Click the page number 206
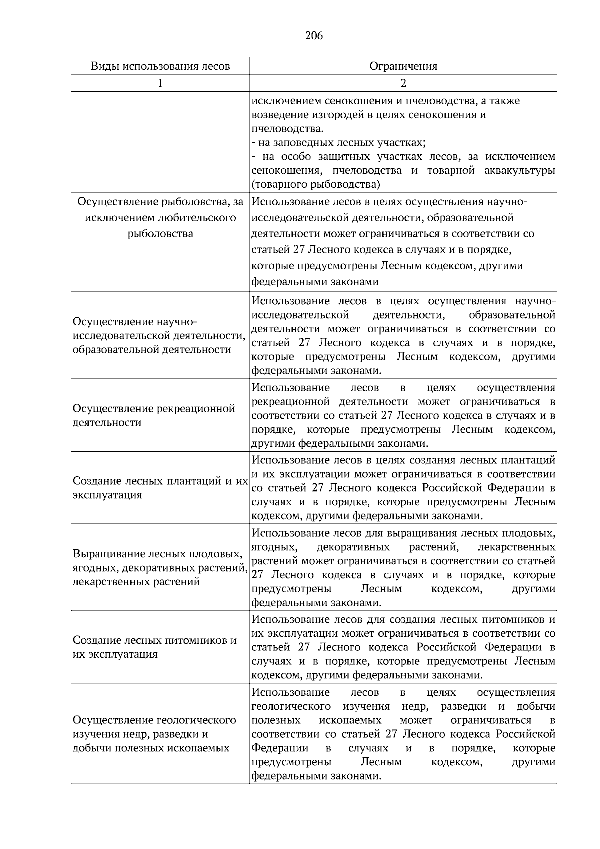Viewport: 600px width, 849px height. tap(313, 36)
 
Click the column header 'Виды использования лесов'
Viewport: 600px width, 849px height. tap(160, 66)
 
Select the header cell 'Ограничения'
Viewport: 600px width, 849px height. tap(403, 66)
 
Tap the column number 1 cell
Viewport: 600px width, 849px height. tap(160, 83)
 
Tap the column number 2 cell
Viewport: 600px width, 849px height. tap(403, 83)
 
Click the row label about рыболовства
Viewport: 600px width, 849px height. tap(160, 218)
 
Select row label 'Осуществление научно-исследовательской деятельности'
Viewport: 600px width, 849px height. tap(159, 335)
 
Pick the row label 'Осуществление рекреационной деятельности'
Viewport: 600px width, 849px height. tap(154, 415)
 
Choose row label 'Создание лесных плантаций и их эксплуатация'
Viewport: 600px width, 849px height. tap(160, 488)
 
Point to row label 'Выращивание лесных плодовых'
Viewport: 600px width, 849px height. tap(160, 568)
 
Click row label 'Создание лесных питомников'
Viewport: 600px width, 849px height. tap(155, 647)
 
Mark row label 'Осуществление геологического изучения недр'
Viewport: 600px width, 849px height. tap(154, 734)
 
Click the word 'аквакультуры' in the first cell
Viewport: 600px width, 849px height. tap(520, 171)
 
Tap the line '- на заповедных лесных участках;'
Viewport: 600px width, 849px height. tap(338, 143)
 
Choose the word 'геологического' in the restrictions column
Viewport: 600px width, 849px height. tap(291, 706)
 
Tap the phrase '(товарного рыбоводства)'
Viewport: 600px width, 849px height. tap(316, 185)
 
